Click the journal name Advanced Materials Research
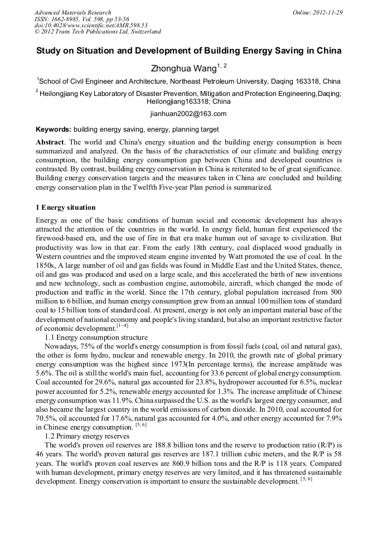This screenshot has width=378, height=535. click(72, 12)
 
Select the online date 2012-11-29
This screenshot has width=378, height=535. click(327, 12)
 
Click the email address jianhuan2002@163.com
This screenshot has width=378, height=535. click(188, 114)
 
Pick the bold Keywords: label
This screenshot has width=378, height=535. click(54, 129)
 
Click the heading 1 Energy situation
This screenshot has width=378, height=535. click(65, 208)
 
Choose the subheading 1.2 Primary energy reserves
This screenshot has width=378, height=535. click(87, 436)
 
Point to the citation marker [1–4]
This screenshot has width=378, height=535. click(122, 325)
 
